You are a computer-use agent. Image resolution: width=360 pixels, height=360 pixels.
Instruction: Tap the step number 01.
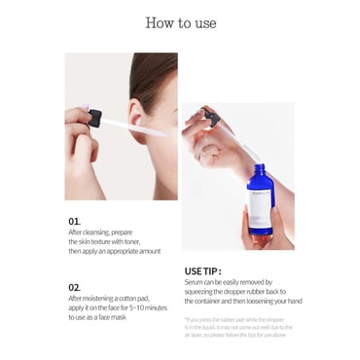pos(74,221)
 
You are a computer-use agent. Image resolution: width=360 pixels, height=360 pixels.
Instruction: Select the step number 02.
pos(74,287)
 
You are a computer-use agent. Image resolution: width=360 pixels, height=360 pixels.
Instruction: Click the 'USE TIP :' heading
pos(202,271)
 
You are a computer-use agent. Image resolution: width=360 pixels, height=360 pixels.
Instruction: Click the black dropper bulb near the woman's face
pos(94,118)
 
